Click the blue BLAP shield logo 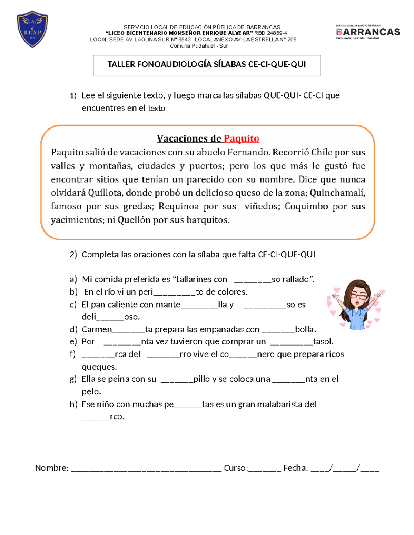(x=32, y=29)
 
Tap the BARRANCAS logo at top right (x=368, y=32)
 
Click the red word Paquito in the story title (x=241, y=138)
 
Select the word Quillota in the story (x=105, y=193)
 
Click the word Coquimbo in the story (x=306, y=206)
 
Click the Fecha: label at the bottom (x=295, y=468)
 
